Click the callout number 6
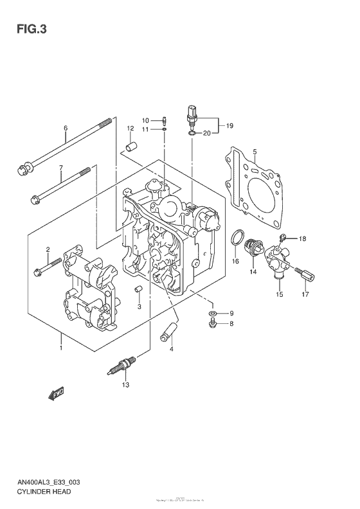tap(65, 127)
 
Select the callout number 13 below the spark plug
tap(125, 385)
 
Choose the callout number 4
tap(172, 349)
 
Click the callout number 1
tap(60, 348)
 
